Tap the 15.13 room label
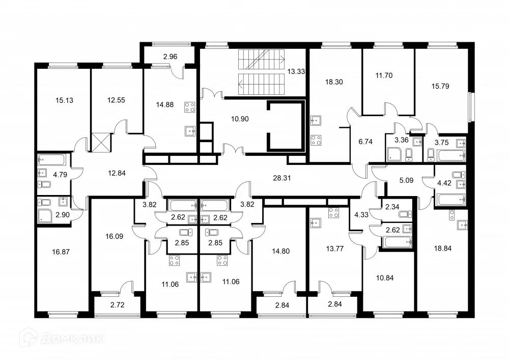coord(64,100)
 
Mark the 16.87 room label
coord(61,250)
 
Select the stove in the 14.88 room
coord(190,107)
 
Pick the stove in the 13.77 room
coord(334,213)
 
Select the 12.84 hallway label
coord(117,173)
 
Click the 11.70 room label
coord(384,75)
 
